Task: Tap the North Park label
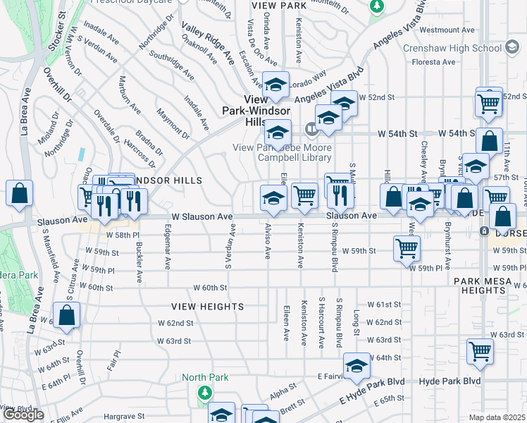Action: [206, 377]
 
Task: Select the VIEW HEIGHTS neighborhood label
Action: [208, 307]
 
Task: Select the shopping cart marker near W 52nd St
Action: [488, 102]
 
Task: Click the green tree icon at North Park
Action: [205, 391]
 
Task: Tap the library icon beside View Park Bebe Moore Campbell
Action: [311, 129]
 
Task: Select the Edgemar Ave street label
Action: [168, 252]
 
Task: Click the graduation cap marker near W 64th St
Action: [356, 366]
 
